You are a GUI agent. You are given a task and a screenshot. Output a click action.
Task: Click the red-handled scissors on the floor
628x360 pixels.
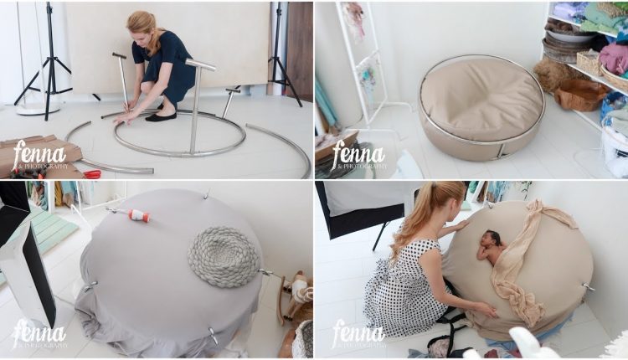(90, 173)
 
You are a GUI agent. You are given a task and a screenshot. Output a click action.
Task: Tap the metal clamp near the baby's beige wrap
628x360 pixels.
(589, 287)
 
